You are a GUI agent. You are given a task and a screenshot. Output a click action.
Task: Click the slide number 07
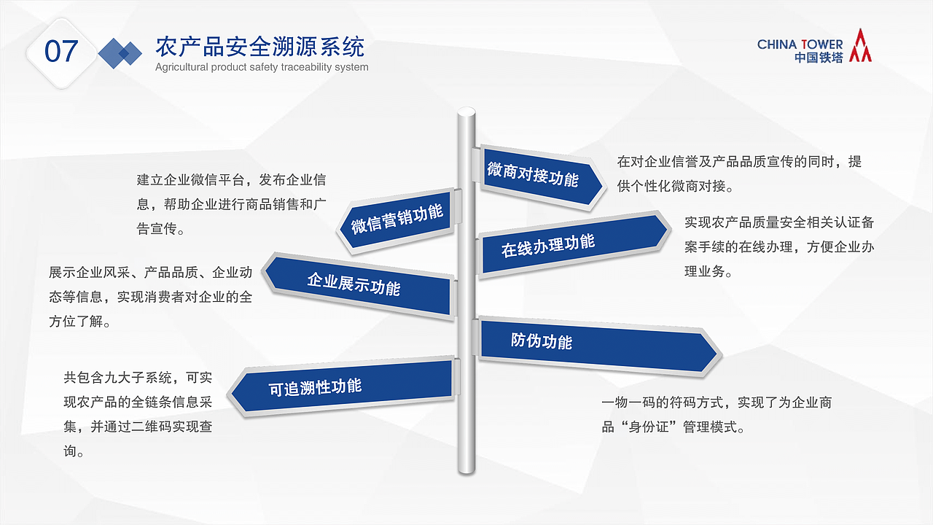click(61, 52)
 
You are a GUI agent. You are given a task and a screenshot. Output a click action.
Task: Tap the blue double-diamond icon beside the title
click(120, 52)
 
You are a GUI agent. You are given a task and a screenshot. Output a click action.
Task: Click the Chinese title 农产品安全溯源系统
click(259, 47)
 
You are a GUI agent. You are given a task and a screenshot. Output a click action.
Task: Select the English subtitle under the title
click(262, 67)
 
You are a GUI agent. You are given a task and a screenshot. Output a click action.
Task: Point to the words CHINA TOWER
click(800, 44)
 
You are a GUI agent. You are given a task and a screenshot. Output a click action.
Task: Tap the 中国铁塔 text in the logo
click(819, 58)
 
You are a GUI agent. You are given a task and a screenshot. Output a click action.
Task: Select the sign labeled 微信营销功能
click(397, 219)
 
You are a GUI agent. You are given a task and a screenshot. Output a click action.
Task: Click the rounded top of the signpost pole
click(466, 114)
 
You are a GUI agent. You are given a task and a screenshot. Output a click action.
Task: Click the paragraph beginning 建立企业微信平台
click(231, 204)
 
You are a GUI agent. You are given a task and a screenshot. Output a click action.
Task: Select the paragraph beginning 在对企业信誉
click(739, 174)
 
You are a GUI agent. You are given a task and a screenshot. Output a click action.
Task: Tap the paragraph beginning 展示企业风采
click(150, 297)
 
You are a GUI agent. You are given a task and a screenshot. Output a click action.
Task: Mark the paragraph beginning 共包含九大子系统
click(138, 414)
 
